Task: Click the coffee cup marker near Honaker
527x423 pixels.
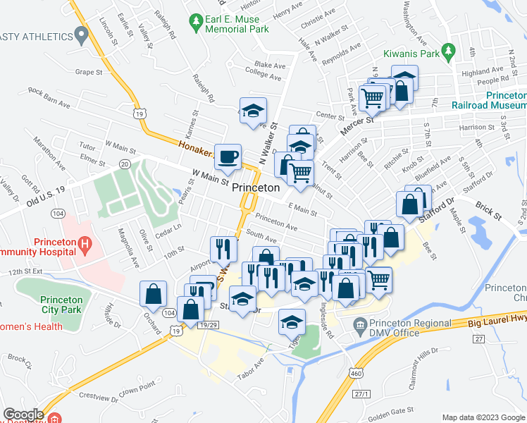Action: (x=227, y=157)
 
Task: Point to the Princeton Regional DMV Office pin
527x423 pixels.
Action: (x=360, y=324)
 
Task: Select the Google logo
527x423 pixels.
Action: (x=23, y=415)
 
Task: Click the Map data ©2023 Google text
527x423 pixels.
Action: (x=483, y=417)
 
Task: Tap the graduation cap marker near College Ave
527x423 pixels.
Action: (x=253, y=111)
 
